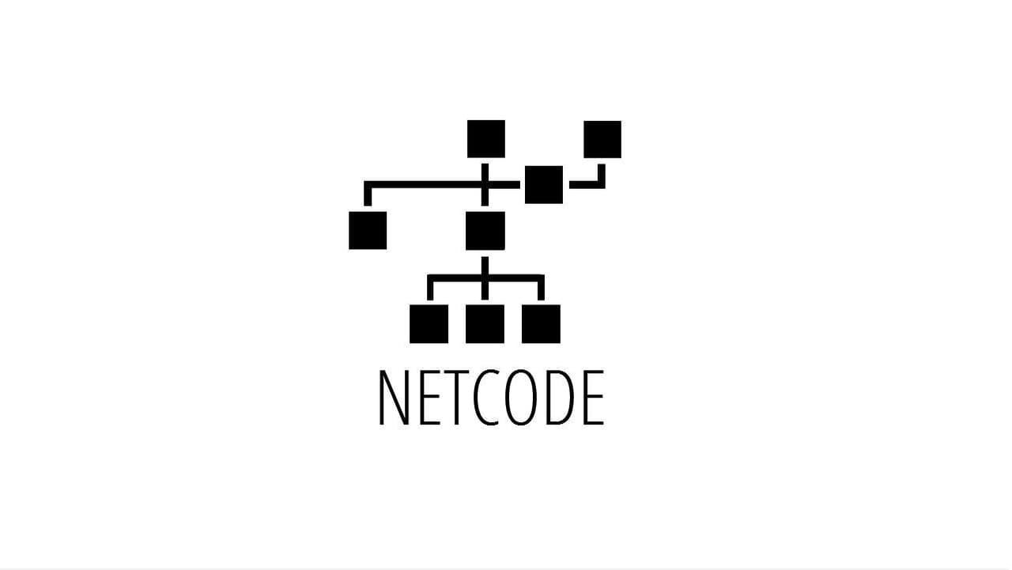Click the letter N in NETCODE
click(x=394, y=398)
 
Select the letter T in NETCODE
click(x=457, y=398)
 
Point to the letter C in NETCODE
click(x=486, y=398)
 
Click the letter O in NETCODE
click(x=520, y=398)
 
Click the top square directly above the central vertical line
click(x=486, y=139)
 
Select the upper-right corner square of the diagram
click(x=602, y=140)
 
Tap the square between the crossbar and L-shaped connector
click(x=544, y=185)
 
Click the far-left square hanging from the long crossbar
click(x=368, y=230)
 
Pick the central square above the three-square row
click(x=485, y=231)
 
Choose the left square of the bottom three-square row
click(x=429, y=324)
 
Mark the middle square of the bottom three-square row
click(x=485, y=324)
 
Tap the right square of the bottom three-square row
click(x=542, y=324)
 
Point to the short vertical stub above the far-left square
click(x=368, y=195)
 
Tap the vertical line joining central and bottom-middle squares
click(x=485, y=278)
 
